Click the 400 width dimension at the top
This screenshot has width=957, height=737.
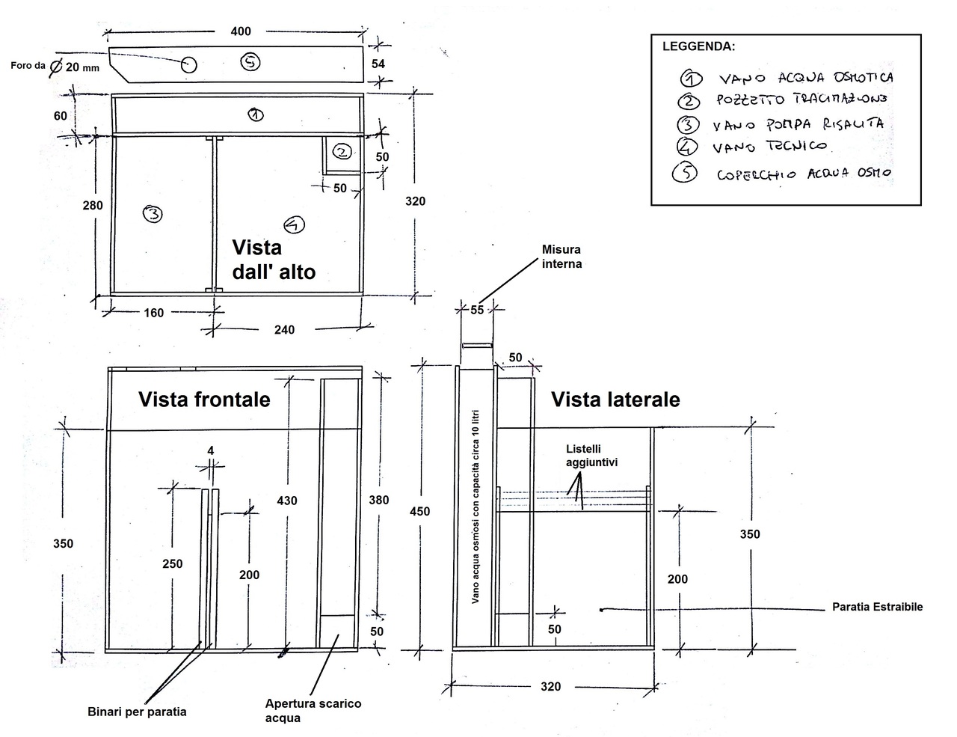tap(241, 31)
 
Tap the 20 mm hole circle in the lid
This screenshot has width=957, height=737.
tap(188, 65)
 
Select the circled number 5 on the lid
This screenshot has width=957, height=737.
tap(250, 62)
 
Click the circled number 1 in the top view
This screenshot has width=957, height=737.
tap(256, 115)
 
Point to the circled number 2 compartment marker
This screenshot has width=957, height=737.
tap(342, 152)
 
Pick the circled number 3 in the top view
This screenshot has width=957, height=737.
tap(153, 215)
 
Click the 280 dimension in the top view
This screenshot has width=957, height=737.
tap(93, 205)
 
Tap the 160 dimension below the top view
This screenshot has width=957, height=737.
tap(153, 313)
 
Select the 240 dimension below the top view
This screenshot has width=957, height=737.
tap(284, 329)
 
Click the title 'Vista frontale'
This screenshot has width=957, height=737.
tap(204, 400)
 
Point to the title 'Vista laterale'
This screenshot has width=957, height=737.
tap(615, 400)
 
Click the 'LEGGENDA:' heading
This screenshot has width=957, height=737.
tap(699, 46)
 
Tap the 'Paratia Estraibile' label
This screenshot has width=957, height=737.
tap(877, 607)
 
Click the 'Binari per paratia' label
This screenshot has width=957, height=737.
tap(137, 712)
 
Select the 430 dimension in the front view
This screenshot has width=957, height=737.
tap(287, 501)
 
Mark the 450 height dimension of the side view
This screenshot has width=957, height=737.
tap(419, 511)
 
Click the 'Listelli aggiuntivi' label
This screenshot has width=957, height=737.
tap(591, 456)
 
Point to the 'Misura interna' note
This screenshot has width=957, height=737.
tap(561, 257)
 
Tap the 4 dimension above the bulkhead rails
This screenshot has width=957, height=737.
tap(211, 450)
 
